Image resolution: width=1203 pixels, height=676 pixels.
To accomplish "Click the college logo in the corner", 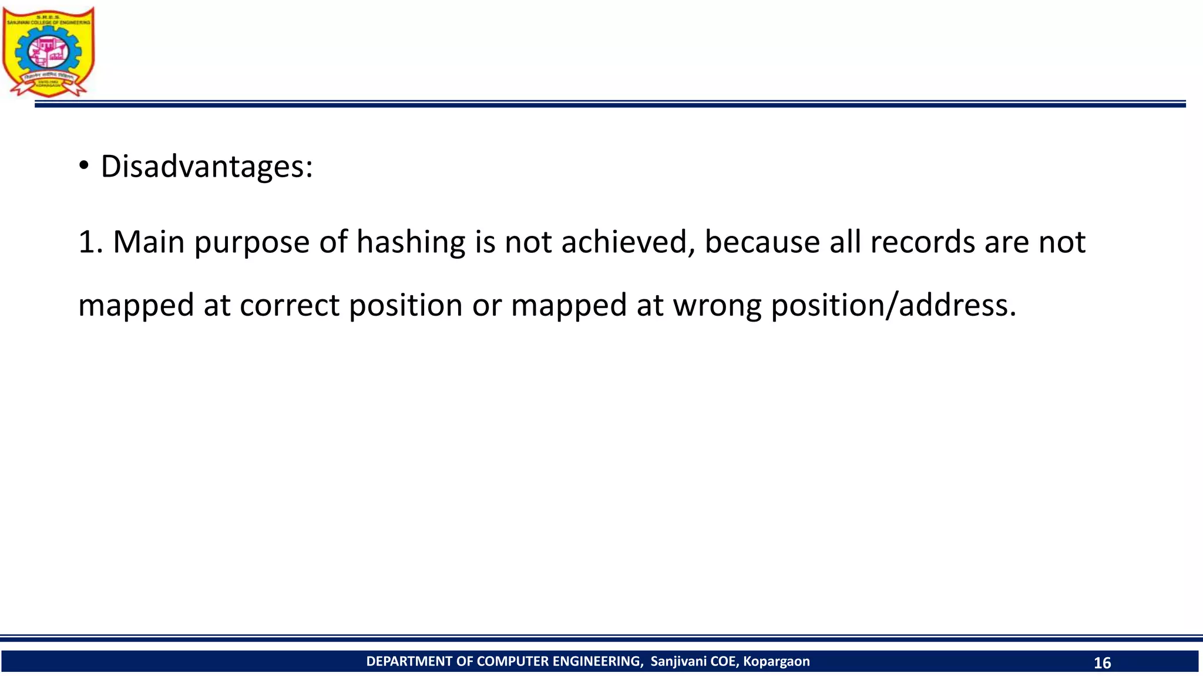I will pos(49,52).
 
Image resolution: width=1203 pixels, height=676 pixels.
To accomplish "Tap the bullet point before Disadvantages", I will pos(84,167).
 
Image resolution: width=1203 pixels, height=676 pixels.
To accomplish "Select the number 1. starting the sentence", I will pos(90,242).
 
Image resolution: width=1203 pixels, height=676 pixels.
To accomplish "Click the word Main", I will pos(149,242).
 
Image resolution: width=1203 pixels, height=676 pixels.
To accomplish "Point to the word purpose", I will pos(251,243).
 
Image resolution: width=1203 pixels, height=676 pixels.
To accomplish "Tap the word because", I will pos(762,242).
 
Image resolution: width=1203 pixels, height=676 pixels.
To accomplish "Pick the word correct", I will pos(290,306).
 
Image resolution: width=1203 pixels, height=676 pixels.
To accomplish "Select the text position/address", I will pos(893,306).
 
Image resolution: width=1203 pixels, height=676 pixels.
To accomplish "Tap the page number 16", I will pos(1102,663).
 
